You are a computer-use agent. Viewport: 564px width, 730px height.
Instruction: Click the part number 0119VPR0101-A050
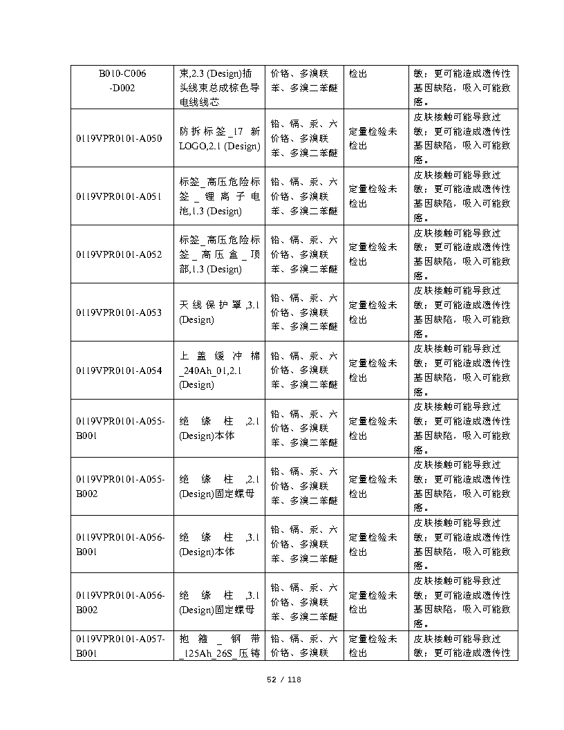(119, 138)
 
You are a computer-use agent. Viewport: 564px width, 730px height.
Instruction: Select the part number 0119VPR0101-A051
(119, 196)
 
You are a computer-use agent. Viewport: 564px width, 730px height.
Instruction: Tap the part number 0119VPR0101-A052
(119, 254)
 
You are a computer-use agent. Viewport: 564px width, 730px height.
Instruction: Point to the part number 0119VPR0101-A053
(119, 312)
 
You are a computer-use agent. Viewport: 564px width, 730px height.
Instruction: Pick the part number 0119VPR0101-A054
(119, 371)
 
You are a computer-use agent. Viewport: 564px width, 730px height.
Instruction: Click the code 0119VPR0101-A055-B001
(121, 429)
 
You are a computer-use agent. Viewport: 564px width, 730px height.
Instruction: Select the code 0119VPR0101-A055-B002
(121, 487)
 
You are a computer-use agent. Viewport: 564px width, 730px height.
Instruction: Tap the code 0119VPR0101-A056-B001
(121, 545)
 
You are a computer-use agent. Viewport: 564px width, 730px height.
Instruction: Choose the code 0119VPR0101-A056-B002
(121, 603)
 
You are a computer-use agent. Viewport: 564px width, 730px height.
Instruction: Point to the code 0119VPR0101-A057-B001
(121, 646)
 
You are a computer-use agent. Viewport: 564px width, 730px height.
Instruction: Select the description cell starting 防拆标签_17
(219, 138)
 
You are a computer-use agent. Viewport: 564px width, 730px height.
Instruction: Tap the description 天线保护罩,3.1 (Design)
(219, 312)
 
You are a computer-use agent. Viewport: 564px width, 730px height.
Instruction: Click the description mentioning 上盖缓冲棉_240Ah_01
(219, 371)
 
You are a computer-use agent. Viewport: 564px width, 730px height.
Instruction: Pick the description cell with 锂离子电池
(219, 196)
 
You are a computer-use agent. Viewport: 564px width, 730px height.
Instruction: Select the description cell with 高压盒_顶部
(219, 254)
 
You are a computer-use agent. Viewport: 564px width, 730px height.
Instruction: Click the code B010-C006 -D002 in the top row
(122, 80)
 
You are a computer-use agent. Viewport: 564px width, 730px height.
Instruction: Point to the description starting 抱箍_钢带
(219, 646)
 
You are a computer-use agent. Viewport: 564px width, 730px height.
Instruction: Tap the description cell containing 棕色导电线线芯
(219, 87)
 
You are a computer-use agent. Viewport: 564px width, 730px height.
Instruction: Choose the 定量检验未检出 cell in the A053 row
(373, 312)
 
